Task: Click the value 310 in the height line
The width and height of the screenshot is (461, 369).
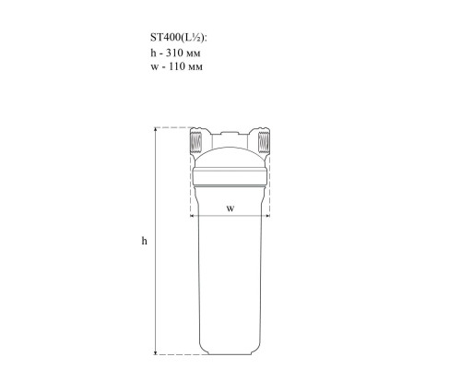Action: point(174,53)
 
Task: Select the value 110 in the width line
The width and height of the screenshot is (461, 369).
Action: point(177,66)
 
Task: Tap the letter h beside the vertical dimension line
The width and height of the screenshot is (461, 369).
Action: point(144,241)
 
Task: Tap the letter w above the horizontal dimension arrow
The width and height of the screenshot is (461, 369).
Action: point(230,208)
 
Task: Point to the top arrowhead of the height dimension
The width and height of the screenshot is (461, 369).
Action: point(156,129)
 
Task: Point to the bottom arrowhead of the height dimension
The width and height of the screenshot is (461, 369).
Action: point(156,352)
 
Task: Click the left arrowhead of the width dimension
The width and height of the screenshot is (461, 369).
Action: point(193,216)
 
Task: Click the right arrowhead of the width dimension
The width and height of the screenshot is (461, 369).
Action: point(267,216)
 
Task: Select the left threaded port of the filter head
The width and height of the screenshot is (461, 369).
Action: point(196,141)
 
